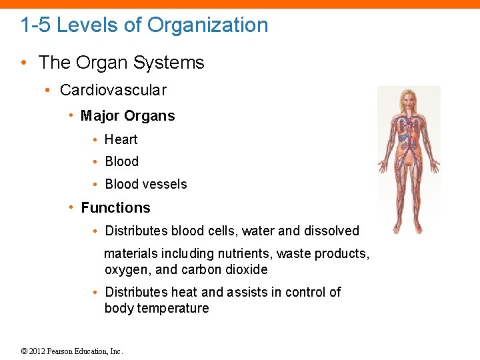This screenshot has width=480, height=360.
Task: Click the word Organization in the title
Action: click(x=207, y=25)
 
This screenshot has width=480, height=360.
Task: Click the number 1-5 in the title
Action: click(x=35, y=25)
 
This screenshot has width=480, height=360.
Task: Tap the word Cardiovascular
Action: click(x=113, y=90)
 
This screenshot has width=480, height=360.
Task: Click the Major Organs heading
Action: click(x=127, y=116)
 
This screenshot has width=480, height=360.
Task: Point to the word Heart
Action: click(x=121, y=139)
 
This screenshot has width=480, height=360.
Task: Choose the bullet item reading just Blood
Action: click(x=121, y=161)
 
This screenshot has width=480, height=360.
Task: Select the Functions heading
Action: click(x=115, y=208)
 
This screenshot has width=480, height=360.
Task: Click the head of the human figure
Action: click(x=408, y=100)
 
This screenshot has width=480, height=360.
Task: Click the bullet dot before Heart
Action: click(x=97, y=140)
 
